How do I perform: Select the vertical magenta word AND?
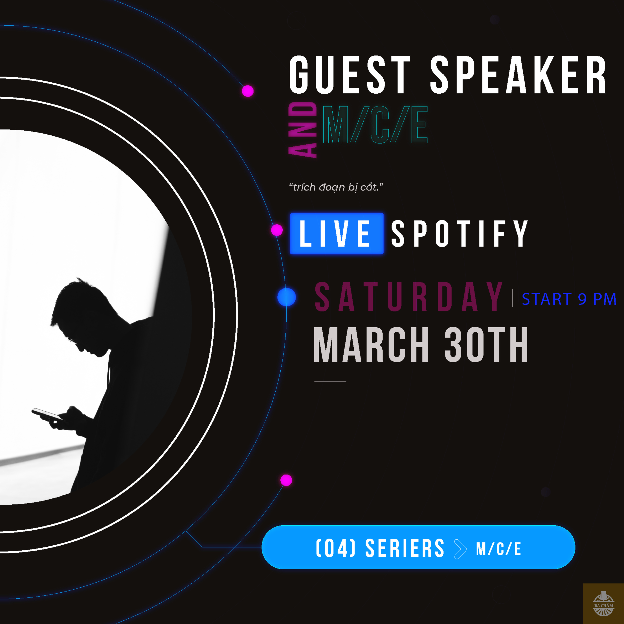(x=303, y=130)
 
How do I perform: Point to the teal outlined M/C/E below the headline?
(x=375, y=125)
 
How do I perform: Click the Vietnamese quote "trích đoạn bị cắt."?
(x=336, y=187)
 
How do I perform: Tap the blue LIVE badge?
(x=337, y=234)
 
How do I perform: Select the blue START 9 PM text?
(x=569, y=299)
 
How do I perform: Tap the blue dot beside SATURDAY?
(x=286, y=297)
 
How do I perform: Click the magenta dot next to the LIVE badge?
(x=277, y=230)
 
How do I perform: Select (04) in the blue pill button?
(x=336, y=548)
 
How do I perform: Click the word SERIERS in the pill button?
(x=405, y=548)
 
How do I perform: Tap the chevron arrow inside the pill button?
(x=461, y=549)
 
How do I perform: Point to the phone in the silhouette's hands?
(x=47, y=414)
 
